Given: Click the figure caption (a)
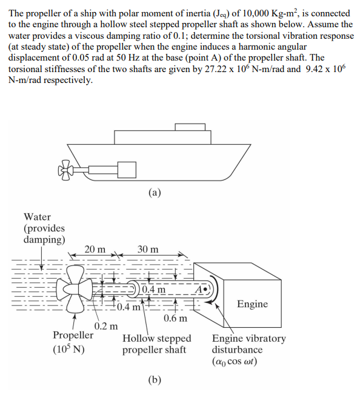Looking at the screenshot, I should (154, 193).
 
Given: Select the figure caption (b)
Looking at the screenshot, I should (154, 380).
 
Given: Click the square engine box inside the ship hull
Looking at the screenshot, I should (126, 170).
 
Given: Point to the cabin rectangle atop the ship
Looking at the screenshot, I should (190, 127).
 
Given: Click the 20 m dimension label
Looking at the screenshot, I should (95, 249).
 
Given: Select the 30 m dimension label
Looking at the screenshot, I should (147, 249).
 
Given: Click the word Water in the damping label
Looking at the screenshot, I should (37, 217).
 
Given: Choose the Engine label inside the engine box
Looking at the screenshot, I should (252, 304).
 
